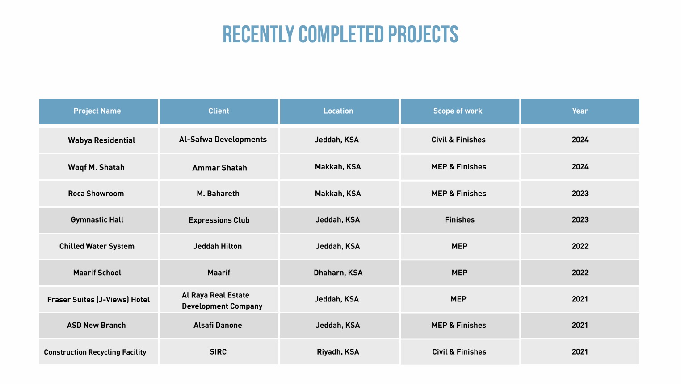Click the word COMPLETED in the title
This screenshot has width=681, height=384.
pyautogui.click(x=341, y=34)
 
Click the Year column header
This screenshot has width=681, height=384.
pyautogui.click(x=580, y=111)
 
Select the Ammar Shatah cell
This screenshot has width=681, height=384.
pyautogui.click(x=219, y=168)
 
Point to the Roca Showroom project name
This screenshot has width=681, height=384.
pyautogui.click(x=96, y=194)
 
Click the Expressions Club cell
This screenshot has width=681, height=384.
pyautogui.click(x=219, y=220)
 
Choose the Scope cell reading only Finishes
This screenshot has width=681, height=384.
pyautogui.click(x=460, y=219)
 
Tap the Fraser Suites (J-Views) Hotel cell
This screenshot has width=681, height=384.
pyautogui.click(x=98, y=300)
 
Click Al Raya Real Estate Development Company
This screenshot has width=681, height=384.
pyautogui.click(x=222, y=301)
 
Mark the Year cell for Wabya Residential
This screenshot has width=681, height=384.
pyautogui.click(x=580, y=140)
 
